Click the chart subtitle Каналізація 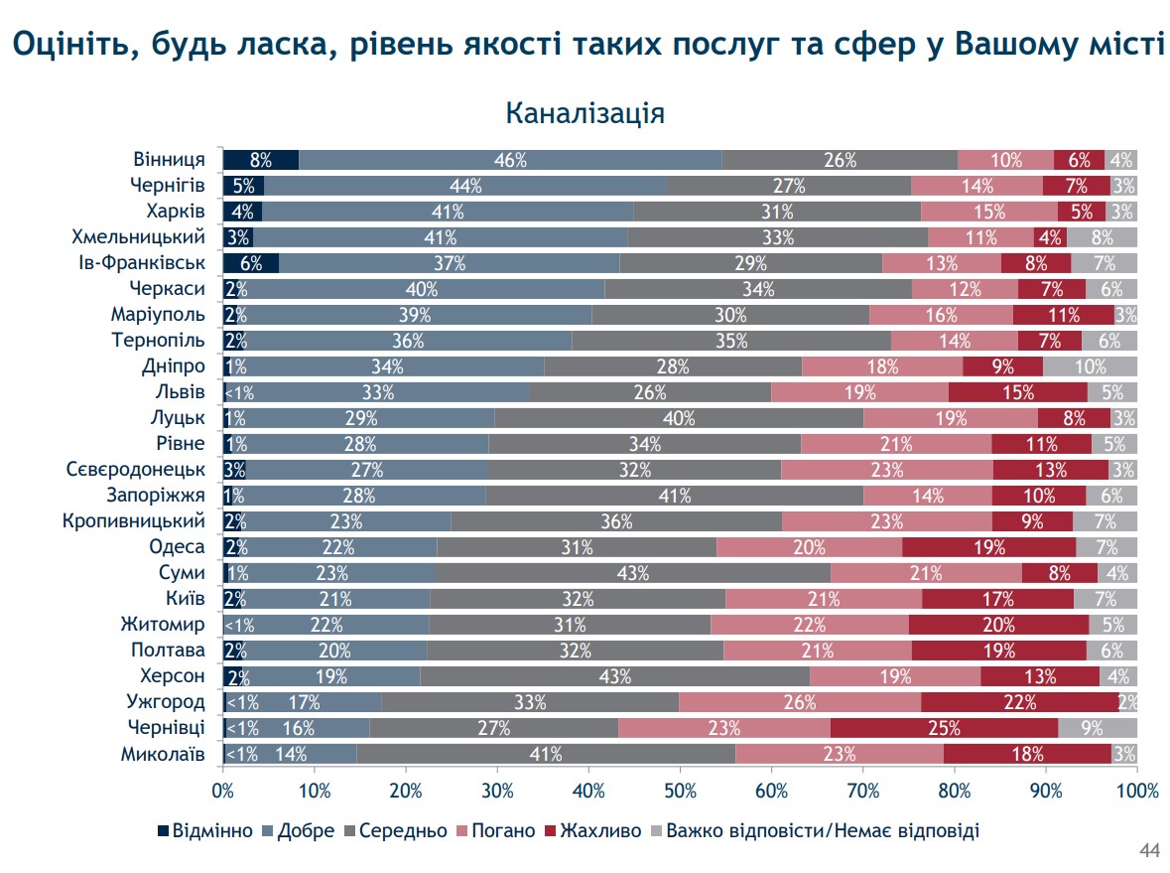pos(585,112)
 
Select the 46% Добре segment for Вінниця pos(510,160)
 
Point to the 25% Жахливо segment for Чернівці pos(944,728)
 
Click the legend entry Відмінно pos(205,830)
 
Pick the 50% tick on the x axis pos(680,792)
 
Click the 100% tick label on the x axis pos(1136,792)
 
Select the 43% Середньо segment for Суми pos(632,573)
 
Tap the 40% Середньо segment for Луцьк pos(679,418)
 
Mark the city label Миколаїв pos(163,754)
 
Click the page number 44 pos(1149,851)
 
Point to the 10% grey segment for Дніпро pos(1090,366)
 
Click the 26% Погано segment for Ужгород pos(800,702)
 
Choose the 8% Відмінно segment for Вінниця pos(260,160)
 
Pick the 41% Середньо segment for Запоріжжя pos(674,496)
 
